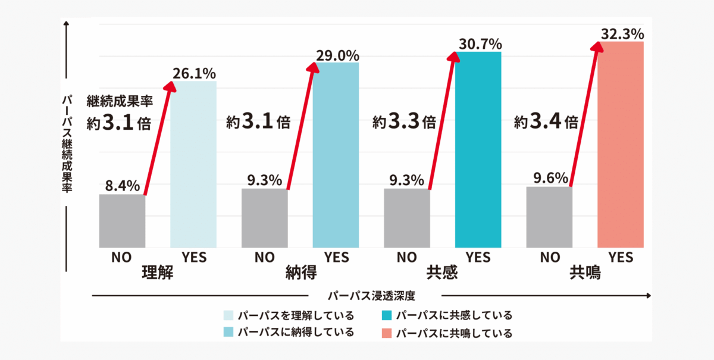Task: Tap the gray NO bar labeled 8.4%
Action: pyautogui.click(x=122, y=221)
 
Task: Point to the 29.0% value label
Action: pyautogui.click(x=337, y=55)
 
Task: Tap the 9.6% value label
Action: pyautogui.click(x=551, y=178)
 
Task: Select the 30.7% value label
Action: pyautogui.click(x=480, y=44)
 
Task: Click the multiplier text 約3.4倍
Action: pyautogui.click(x=546, y=123)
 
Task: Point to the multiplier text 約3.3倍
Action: pyautogui.click(x=404, y=123)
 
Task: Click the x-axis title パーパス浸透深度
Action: pyautogui.click(x=371, y=296)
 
